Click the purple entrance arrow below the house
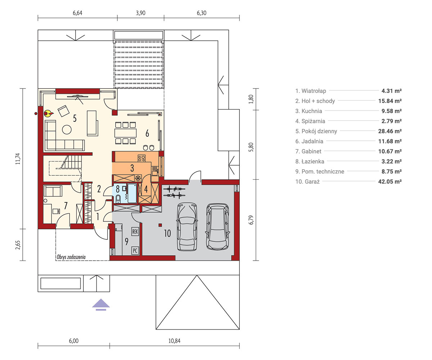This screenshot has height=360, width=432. point(101,305)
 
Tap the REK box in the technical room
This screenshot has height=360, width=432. point(135,231)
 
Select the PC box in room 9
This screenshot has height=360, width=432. point(135,251)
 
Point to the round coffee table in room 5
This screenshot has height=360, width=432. point(67,130)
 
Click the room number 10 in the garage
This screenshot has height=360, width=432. point(167,233)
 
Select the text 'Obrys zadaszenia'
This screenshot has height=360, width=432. point(71,257)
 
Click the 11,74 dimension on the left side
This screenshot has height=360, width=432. point(18,159)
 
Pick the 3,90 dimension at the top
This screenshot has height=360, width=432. point(141,13)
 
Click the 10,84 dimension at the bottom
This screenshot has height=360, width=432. point(174,341)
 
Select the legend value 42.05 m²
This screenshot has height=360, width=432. point(390,181)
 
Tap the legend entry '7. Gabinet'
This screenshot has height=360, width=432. point(308,151)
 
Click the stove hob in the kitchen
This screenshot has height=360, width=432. point(141,158)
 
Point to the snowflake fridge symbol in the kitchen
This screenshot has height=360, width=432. point(138,178)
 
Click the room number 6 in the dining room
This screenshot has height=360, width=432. point(147,134)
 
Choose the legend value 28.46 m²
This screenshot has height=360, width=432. point(390,131)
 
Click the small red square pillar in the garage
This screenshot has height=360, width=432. point(160,225)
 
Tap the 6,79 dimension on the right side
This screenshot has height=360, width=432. point(251,220)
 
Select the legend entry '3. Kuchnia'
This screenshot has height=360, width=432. point(309,111)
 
